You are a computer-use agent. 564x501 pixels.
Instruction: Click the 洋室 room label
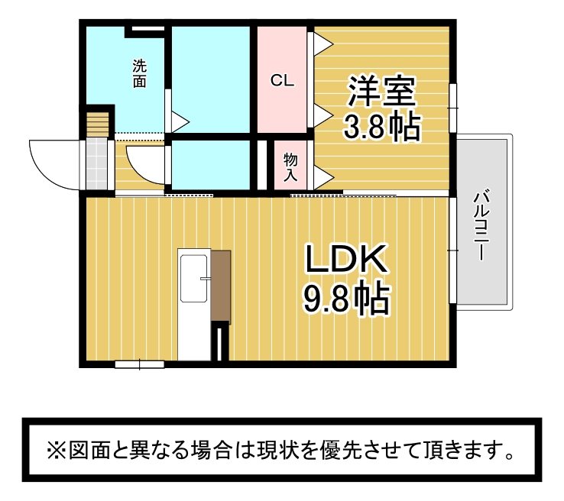(381, 92)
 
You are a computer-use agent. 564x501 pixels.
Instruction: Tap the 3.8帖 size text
(382, 127)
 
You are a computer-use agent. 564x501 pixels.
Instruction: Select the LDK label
(346, 257)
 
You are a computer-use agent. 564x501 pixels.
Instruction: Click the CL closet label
(282, 80)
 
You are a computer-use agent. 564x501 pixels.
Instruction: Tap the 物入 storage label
(290, 167)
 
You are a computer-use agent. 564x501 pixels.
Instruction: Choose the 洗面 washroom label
(140, 73)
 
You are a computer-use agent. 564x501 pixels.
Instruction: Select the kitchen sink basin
(193, 278)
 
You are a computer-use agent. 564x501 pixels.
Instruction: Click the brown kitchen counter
(221, 286)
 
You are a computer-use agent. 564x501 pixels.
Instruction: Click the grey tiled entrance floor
(97, 165)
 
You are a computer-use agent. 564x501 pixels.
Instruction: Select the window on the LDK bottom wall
(140, 364)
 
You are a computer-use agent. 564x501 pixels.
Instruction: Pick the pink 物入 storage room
(290, 165)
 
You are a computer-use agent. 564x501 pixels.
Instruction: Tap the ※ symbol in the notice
(56, 450)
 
